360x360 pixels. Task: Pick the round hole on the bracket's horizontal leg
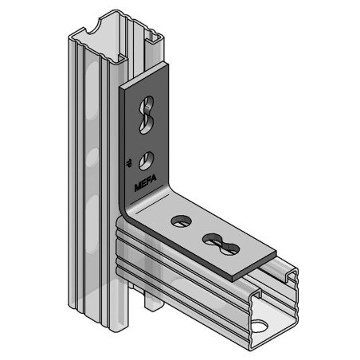pyautogui.click(x=178, y=220)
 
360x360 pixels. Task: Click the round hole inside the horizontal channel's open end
pyautogui.click(x=259, y=325)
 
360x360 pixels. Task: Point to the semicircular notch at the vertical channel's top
pyautogui.click(x=106, y=26)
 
